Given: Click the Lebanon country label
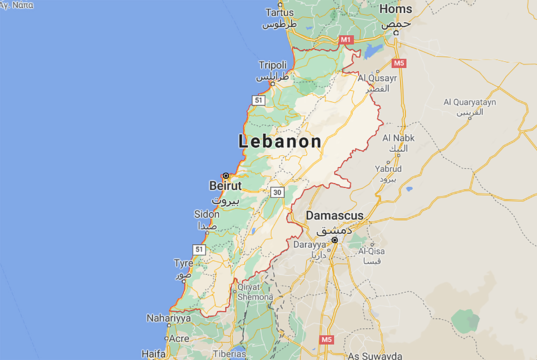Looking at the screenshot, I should (280, 141).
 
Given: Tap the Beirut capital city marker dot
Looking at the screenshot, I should (226, 176).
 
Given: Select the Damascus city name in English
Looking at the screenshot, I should (335, 216).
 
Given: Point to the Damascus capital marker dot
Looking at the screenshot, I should (335, 240).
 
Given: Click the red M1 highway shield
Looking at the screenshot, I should (345, 40).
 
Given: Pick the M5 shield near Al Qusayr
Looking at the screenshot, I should (399, 63).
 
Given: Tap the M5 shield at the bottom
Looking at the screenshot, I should (326, 340).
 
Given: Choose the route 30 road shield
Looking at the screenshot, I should (277, 192).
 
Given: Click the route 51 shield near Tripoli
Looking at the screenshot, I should (259, 100).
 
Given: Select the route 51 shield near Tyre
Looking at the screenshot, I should (199, 249).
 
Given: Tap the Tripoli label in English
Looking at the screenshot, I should (273, 65).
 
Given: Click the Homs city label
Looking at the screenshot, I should (396, 9).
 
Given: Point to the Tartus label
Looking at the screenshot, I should (279, 13).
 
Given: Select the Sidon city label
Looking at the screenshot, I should (206, 214).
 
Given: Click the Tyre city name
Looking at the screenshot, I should (184, 263).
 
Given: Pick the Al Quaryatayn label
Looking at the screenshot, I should (469, 102).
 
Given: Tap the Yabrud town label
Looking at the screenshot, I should (388, 169).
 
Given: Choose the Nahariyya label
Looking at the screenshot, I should (169, 318).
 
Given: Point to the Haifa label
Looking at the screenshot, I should (153, 354).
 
